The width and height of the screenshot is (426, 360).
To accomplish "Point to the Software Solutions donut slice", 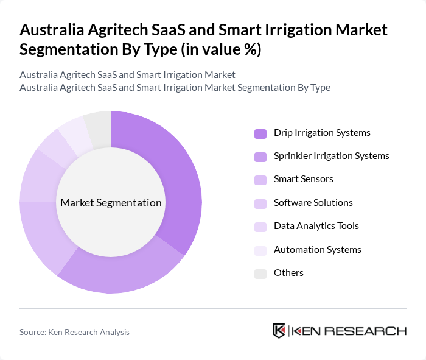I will point(38,177).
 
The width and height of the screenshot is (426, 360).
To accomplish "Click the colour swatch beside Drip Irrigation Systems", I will point(260,133).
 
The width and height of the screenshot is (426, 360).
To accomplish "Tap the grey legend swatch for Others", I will point(260,274).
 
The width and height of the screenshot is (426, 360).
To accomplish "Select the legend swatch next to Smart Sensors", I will point(260,180).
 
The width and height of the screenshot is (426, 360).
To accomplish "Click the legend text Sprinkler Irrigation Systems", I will point(331,156).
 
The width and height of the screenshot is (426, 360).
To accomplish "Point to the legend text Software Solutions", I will point(313,203).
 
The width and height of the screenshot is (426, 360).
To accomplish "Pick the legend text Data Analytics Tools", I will point(316,226).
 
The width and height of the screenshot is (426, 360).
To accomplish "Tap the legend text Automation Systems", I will point(317,250).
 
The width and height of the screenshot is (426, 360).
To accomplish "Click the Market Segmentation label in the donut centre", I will point(111,203).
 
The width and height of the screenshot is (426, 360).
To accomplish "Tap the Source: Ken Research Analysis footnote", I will point(74,332).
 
